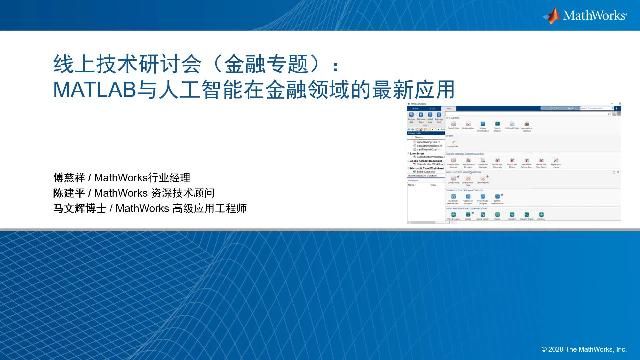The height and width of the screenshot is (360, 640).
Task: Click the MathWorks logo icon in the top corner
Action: pyautogui.click(x=552, y=15)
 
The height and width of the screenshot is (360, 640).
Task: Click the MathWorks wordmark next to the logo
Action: pyautogui.click(x=595, y=16)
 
